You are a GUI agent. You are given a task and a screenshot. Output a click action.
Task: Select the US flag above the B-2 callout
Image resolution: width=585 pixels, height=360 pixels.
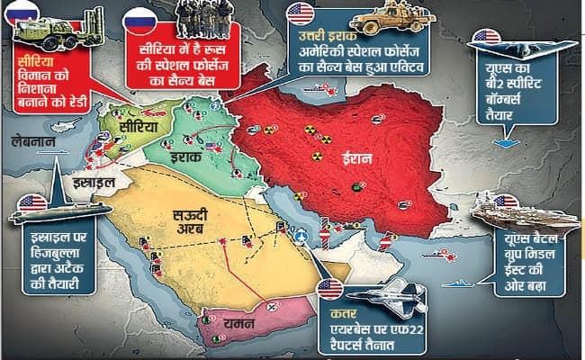[487, 37]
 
